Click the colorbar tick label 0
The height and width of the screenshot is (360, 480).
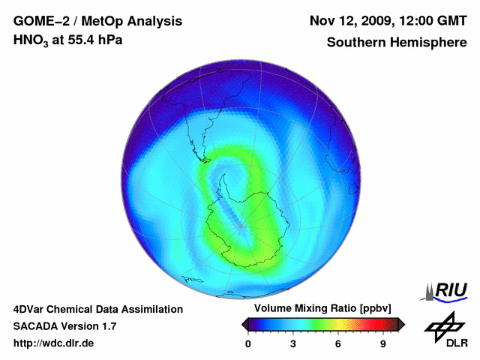pyautogui.click(x=248, y=344)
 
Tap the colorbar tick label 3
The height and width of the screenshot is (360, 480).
pyautogui.click(x=293, y=344)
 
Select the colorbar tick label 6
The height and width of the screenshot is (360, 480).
pyautogui.click(x=338, y=344)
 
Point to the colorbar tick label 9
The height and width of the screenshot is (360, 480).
pyautogui.click(x=383, y=344)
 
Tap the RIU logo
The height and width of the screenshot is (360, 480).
pyautogui.click(x=448, y=290)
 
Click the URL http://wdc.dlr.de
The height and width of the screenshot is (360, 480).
pyautogui.click(x=55, y=343)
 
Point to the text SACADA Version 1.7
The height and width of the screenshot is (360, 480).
pyautogui.click(x=64, y=326)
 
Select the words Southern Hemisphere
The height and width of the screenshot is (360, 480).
pyautogui.click(x=397, y=43)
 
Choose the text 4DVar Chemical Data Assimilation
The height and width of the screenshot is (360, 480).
pyautogui.click(x=98, y=309)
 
